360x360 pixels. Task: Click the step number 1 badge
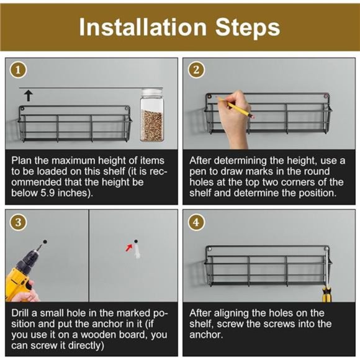(18, 70)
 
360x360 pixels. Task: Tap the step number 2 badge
(196, 70)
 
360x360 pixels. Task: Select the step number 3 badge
(18, 222)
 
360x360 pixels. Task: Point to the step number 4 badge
(196, 222)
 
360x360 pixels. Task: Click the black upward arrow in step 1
(29, 96)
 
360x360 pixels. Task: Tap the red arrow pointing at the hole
(129, 248)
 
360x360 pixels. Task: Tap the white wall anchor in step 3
(137, 251)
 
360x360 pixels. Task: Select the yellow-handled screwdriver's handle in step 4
(326, 294)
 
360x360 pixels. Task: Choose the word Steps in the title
(248, 28)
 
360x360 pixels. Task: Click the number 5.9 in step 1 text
(48, 193)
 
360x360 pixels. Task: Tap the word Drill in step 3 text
(20, 313)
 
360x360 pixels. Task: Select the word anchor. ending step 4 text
(206, 335)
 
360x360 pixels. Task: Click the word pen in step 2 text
(197, 172)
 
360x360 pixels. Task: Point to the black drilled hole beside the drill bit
(45, 241)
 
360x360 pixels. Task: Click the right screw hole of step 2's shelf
(326, 96)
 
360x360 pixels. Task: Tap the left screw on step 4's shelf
(209, 249)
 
